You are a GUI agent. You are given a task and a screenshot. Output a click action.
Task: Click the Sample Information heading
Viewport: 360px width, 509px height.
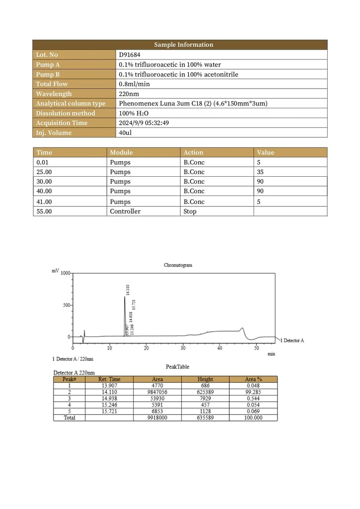[183, 45]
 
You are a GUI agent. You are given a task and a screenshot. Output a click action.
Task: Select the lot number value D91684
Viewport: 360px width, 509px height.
[129, 55]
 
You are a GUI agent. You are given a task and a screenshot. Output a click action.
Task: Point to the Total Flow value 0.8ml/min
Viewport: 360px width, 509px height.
[135, 84]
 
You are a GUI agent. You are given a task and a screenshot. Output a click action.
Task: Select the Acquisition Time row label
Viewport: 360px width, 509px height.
[61, 123]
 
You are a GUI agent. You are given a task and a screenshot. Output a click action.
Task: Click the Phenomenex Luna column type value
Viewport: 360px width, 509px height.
[193, 104]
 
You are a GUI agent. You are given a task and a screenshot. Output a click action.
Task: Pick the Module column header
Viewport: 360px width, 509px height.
[121, 152]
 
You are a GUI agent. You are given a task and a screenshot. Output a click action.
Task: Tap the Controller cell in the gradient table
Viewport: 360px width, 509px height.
[125, 211]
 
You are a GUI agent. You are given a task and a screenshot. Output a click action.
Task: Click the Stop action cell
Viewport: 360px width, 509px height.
[190, 211]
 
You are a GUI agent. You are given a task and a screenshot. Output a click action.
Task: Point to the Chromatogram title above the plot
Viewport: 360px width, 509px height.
[178, 265]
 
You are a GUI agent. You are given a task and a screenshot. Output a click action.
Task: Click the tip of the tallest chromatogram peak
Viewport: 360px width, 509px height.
[125, 297]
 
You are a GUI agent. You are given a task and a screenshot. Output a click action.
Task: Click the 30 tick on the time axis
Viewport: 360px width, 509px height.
[183, 348]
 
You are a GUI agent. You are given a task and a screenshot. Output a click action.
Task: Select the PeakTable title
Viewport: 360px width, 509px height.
[177, 367]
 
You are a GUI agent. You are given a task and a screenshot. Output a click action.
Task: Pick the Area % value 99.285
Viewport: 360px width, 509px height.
[253, 392]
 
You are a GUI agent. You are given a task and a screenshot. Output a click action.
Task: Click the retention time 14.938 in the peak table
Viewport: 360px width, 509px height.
[109, 398]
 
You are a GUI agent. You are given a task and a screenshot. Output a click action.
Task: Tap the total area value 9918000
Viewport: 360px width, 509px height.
[157, 418]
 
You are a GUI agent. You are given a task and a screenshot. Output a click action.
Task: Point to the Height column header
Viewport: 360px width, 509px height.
[205, 379]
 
